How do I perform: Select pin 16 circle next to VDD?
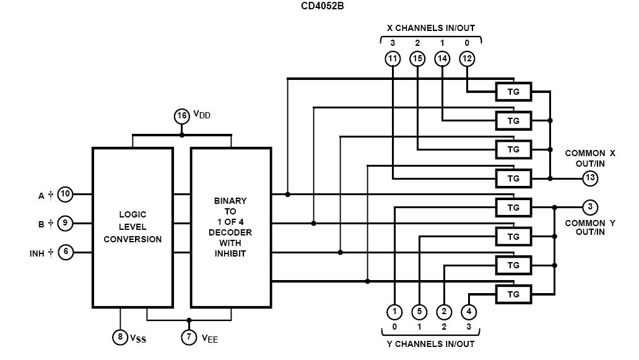click(181, 116)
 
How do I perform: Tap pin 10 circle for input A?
click(66, 195)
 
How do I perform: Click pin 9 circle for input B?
click(66, 223)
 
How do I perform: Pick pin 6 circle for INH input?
click(66, 252)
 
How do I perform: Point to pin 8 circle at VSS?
click(120, 337)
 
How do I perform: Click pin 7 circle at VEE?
click(189, 337)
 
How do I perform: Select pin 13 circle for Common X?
click(590, 178)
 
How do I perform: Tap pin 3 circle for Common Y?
click(590, 207)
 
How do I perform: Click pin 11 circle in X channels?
click(393, 59)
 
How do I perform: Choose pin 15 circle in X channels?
click(417, 59)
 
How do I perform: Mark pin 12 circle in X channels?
click(467, 59)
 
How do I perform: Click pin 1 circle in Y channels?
click(394, 312)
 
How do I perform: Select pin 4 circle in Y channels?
click(469, 312)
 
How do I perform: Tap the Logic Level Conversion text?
click(133, 227)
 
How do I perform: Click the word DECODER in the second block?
click(230, 232)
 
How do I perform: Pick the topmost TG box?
click(513, 92)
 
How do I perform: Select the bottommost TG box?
click(513, 294)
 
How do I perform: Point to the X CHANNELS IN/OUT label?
click(431, 28)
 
